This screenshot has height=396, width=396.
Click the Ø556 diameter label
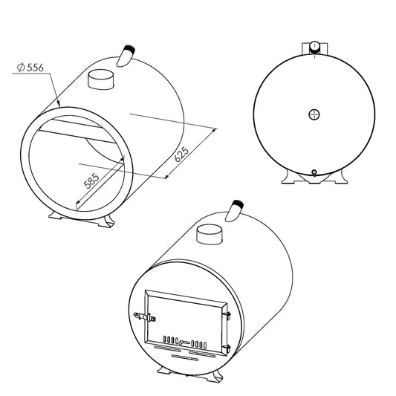tap(30, 68)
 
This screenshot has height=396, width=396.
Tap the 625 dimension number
tap(182, 154)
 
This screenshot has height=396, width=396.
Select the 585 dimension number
tap(92, 181)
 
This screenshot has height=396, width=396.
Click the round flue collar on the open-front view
tap(101, 79)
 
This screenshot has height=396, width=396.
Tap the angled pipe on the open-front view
tap(126, 56)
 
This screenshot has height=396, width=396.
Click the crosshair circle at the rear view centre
tap(314, 114)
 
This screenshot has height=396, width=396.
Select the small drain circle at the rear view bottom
tap(314, 172)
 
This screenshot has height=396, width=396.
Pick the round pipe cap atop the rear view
tap(315, 46)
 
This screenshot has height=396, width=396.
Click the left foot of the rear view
tap(290, 177)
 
